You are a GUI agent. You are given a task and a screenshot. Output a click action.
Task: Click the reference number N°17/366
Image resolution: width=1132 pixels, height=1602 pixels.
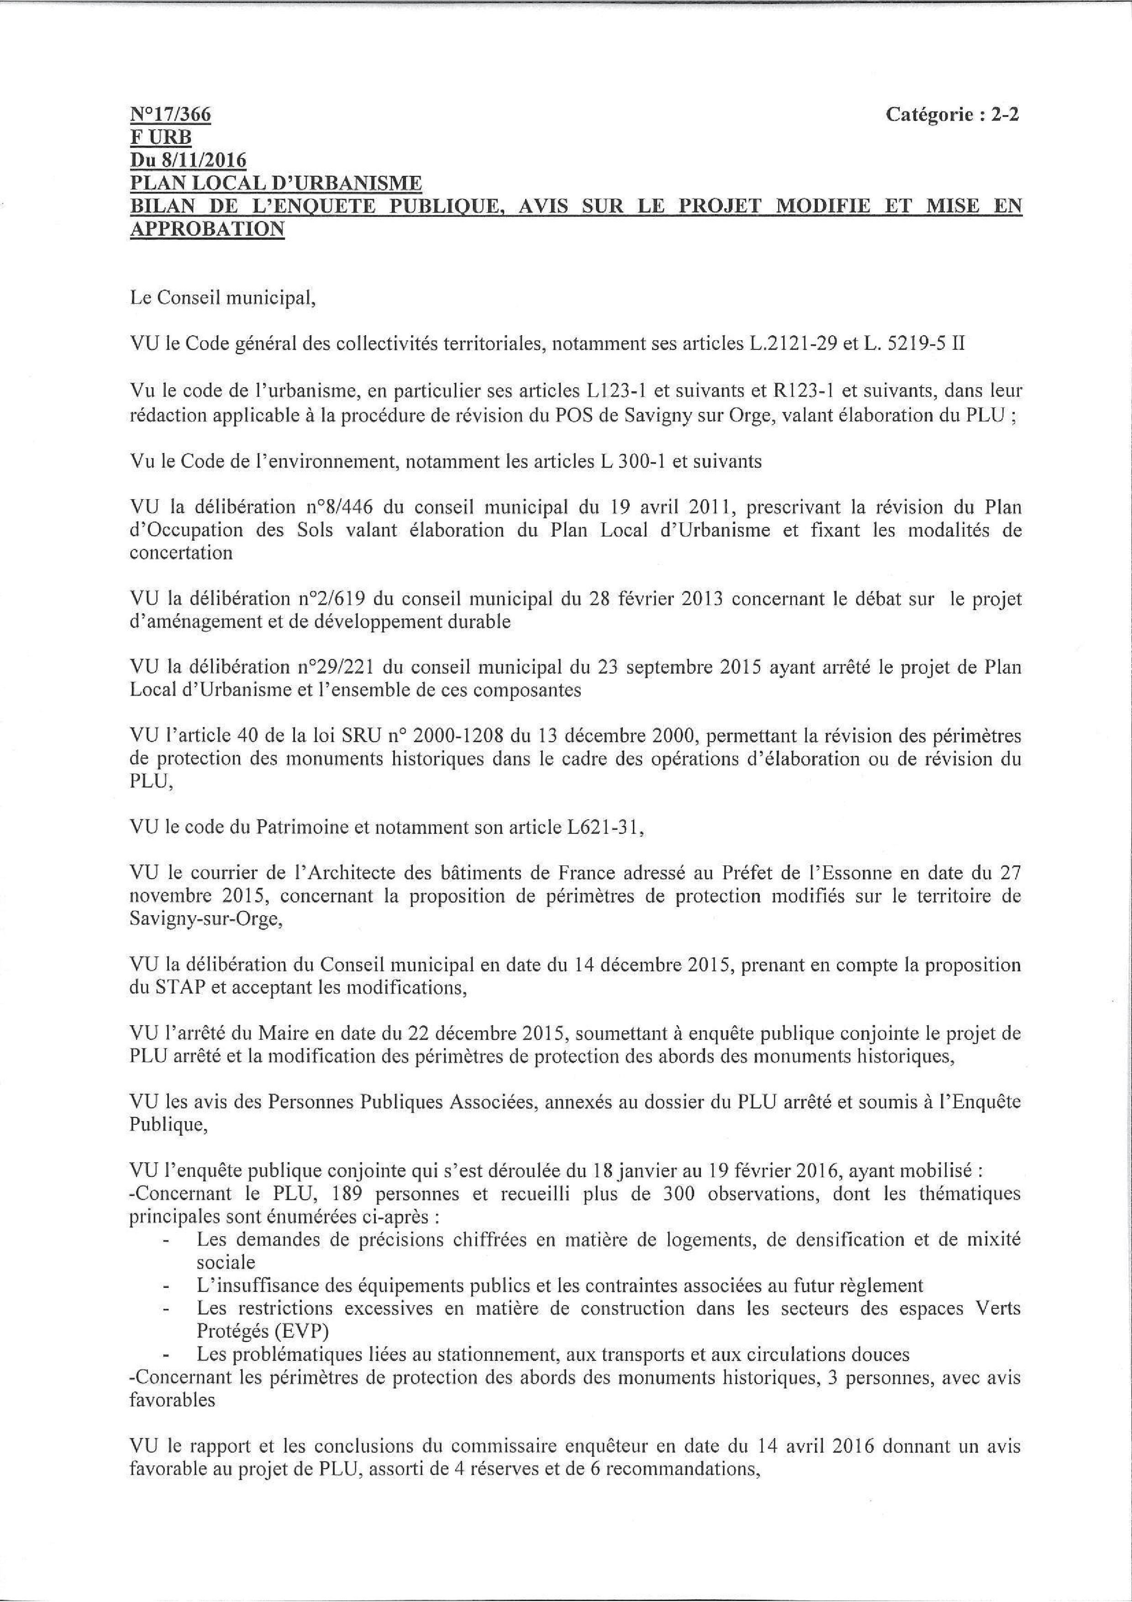point(170,115)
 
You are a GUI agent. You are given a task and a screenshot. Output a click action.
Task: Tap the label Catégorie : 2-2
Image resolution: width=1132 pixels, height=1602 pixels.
point(952,115)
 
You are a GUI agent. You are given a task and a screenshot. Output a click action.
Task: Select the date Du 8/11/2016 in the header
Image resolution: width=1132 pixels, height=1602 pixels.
point(188,160)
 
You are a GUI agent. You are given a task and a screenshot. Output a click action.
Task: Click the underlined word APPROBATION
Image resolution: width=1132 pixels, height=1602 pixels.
point(207,229)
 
